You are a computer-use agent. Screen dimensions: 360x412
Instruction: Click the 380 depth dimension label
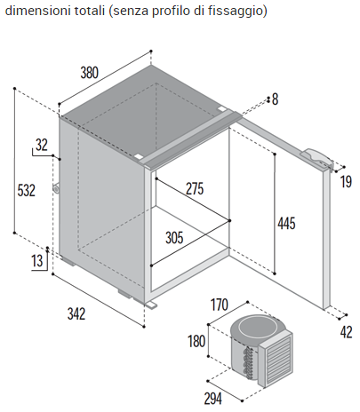coord(89,73)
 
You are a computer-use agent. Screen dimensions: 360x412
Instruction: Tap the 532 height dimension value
coord(27,190)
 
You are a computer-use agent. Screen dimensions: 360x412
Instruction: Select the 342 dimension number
coord(76,313)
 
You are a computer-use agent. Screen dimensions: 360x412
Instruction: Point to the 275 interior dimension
coord(195,189)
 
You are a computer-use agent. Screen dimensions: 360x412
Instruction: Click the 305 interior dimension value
coord(174,238)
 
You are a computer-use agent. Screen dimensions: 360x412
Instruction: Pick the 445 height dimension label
coord(286,224)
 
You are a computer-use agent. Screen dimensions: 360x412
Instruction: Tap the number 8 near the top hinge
coord(275,99)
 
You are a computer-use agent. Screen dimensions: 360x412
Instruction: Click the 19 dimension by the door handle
coord(346,181)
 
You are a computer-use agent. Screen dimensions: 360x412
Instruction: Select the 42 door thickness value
coord(346,332)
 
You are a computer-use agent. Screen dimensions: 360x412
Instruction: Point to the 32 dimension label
coord(42,145)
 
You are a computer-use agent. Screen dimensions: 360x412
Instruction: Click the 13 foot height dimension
coord(37,261)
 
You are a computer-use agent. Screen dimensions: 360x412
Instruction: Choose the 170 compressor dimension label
coord(220,305)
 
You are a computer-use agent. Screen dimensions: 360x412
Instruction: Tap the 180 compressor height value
coord(196,341)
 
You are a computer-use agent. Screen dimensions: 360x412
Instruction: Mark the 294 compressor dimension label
coord(213,399)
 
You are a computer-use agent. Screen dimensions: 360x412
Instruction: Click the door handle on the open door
coord(317,157)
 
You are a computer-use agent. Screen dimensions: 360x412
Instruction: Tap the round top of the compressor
coord(259,329)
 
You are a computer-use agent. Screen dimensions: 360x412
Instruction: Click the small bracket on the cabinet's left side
coord(56,187)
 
